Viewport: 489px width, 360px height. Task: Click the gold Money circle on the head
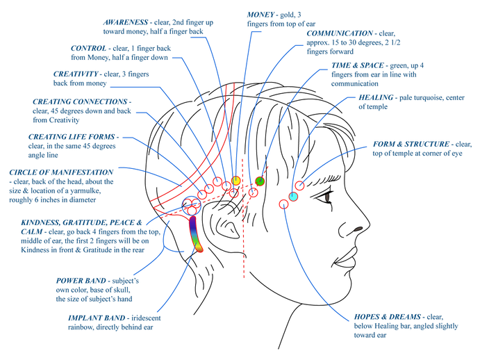tap(235, 180)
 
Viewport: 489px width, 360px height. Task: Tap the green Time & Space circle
tap(260, 181)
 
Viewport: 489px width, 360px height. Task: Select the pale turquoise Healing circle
tap(293, 197)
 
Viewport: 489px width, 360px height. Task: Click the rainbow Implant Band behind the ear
tap(196, 234)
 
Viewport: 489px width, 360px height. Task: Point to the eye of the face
tap(327, 197)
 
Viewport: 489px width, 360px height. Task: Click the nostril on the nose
tap(358, 229)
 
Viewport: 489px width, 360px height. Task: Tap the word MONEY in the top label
tap(260, 15)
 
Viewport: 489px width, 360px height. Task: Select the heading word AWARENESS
tap(125, 22)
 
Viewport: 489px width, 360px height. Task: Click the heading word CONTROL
tap(89, 49)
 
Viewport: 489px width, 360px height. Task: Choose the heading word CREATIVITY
tap(76, 74)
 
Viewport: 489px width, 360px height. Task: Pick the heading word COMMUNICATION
tap(340, 33)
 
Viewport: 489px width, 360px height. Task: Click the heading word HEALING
tap(376, 97)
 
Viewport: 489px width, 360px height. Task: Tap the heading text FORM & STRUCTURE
tap(411, 144)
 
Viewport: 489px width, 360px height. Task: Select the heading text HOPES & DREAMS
tap(388, 317)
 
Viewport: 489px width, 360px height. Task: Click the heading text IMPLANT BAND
tap(97, 318)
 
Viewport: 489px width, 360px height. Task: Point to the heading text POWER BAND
tap(81, 281)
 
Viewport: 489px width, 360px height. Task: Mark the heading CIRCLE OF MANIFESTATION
tap(61, 172)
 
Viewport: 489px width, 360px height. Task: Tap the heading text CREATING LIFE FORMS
tap(72, 137)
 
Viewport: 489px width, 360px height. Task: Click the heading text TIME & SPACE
tap(358, 65)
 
